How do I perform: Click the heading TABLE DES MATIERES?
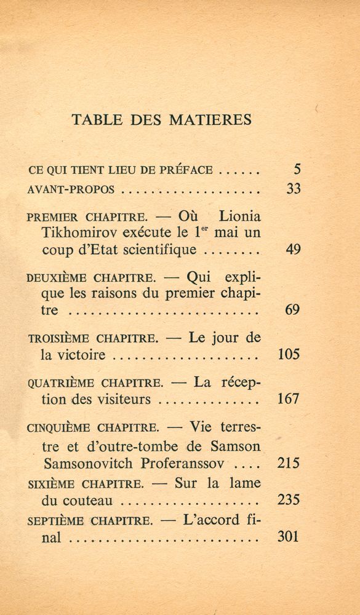tap(162, 119)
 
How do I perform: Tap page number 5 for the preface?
tap(296, 169)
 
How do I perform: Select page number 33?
tap(293, 189)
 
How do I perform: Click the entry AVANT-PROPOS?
tap(71, 189)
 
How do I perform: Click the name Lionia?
tap(239, 216)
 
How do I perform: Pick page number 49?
tap(293, 250)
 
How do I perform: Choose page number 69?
tap(293, 310)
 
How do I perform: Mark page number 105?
tap(289, 354)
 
